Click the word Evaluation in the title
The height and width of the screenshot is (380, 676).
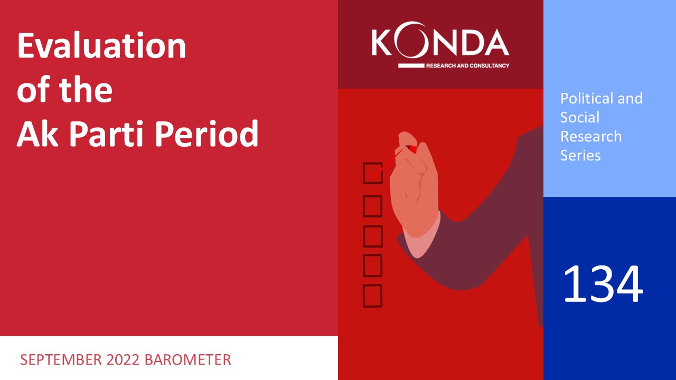[101, 45]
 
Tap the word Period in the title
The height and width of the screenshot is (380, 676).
[206, 133]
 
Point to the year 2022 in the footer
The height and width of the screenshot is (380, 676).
[123, 360]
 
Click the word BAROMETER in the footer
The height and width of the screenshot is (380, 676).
[187, 360]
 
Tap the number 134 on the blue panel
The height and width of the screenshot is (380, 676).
[603, 284]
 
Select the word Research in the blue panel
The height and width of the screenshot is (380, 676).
[591, 136]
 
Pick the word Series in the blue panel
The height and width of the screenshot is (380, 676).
[580, 155]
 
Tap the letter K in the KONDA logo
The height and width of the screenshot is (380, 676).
[382, 42]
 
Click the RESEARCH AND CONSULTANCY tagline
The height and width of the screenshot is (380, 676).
[467, 65]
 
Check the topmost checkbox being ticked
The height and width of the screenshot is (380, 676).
[373, 173]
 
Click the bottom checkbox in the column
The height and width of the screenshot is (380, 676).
[373, 296]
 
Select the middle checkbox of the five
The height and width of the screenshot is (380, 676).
[373, 236]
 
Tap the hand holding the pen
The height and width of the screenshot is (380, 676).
[414, 184]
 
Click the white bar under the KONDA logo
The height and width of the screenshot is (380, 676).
[411, 65]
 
